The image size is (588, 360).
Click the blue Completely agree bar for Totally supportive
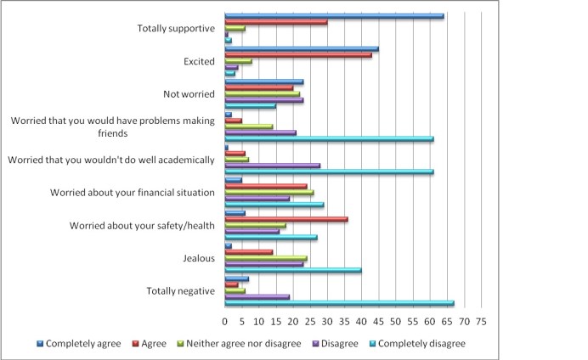click(334, 16)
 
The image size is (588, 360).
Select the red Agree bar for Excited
click(298, 55)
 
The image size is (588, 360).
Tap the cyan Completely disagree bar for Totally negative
click(339, 303)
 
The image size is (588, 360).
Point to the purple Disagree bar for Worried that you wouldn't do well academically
click(272, 166)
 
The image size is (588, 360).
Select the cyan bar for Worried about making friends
click(329, 139)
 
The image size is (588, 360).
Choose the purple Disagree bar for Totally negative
click(257, 296)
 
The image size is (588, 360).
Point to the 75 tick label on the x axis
click(481, 323)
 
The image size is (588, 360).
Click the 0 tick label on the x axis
click(224, 323)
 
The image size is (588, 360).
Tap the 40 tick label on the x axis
click(361, 323)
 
